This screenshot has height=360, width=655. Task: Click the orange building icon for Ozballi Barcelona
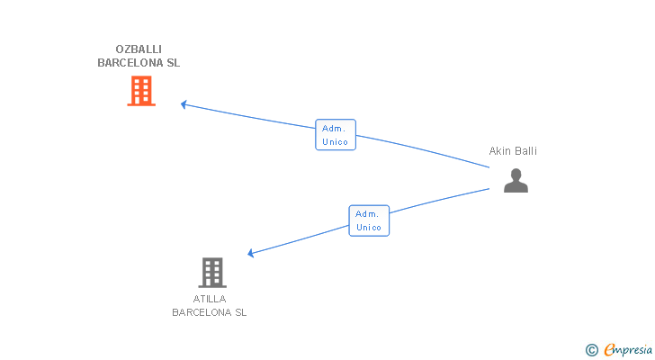click(141, 91)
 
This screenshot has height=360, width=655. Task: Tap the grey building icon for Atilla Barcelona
click(212, 272)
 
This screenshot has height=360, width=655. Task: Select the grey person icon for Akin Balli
click(516, 181)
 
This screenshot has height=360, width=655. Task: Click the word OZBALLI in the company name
click(139, 49)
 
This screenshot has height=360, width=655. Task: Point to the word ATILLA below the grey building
click(210, 299)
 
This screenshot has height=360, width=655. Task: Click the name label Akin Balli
click(513, 151)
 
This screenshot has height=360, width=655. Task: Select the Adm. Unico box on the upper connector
click(336, 135)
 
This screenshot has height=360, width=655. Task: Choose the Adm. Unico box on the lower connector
click(369, 220)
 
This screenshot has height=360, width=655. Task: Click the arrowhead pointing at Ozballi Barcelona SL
click(184, 104)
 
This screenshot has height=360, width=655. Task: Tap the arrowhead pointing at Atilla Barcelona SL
click(251, 254)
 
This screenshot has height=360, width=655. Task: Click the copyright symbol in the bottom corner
click(591, 350)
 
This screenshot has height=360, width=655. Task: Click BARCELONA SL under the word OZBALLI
click(139, 64)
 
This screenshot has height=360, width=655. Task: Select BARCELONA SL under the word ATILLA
click(210, 313)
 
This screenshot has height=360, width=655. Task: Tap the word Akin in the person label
click(499, 151)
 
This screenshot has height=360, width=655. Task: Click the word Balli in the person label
click(525, 151)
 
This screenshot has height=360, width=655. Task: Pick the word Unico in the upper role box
click(336, 142)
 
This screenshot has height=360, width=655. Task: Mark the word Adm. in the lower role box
click(366, 213)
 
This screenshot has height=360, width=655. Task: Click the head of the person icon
click(516, 174)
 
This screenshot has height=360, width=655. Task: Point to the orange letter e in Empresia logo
click(609, 350)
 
